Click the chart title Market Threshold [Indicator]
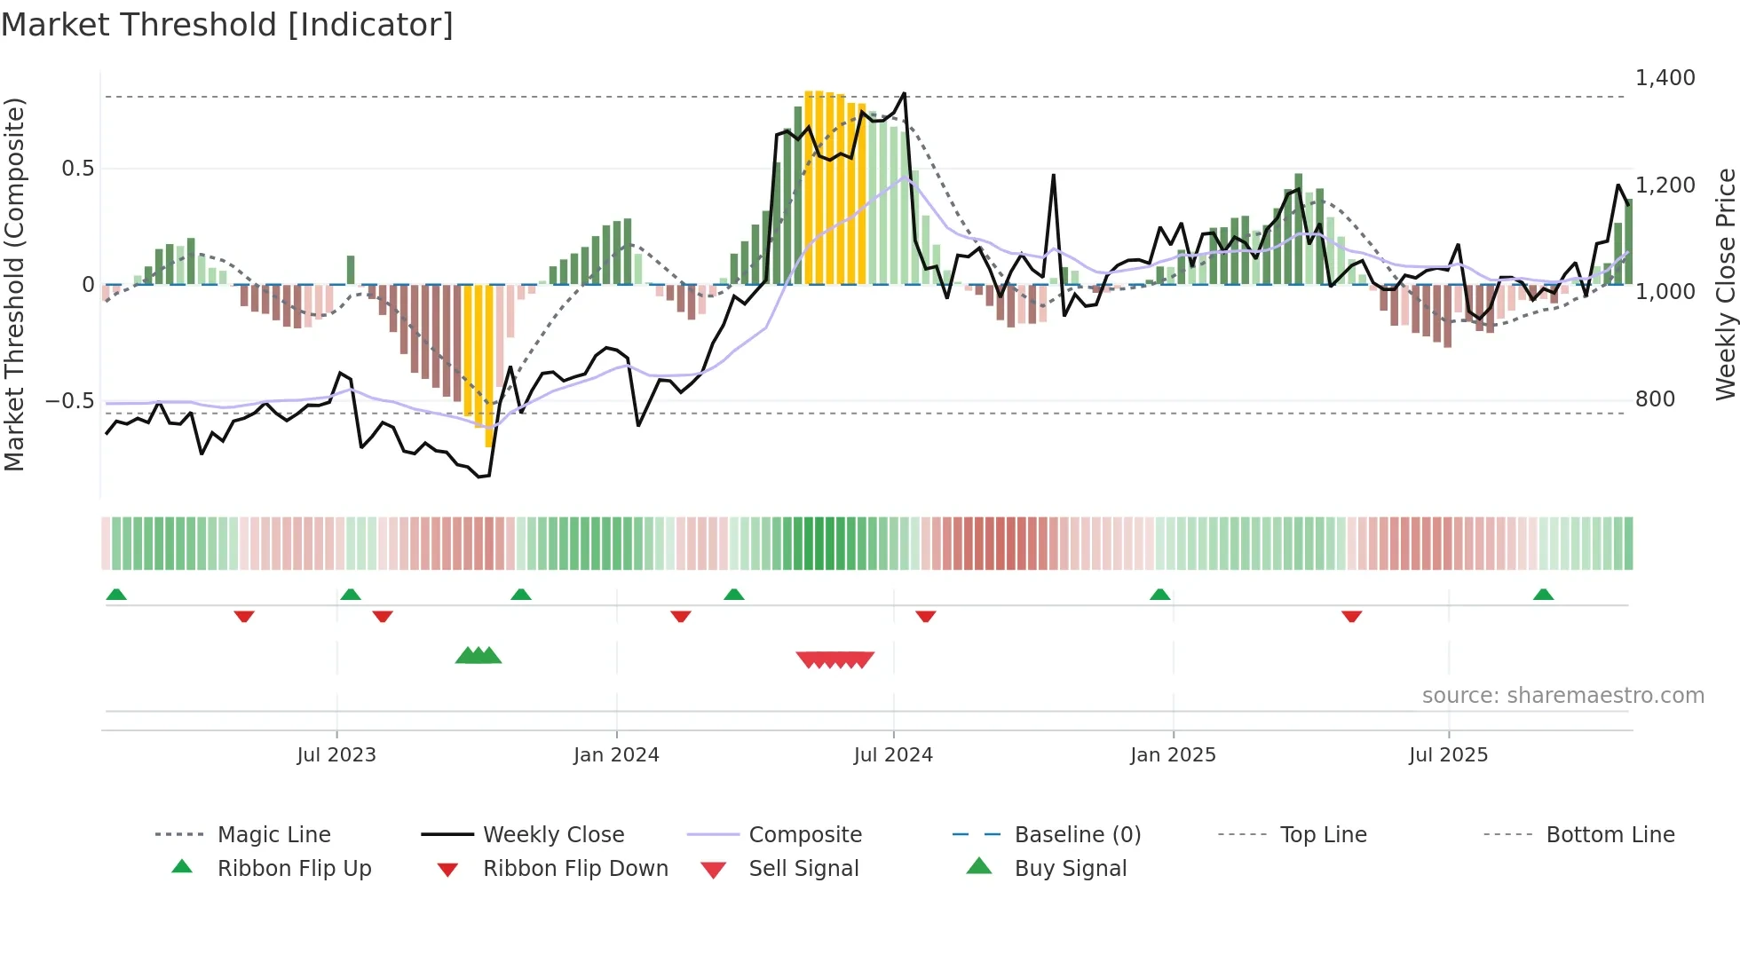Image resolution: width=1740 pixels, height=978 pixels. (227, 25)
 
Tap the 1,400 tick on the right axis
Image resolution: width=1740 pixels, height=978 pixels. (1665, 78)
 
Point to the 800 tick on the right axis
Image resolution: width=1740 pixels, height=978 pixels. (1655, 399)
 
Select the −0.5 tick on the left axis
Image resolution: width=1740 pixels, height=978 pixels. (69, 401)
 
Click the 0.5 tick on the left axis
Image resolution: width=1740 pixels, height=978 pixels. (77, 169)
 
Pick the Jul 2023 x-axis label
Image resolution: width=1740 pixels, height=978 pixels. (336, 755)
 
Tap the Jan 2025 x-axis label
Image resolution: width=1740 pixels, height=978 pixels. (1173, 755)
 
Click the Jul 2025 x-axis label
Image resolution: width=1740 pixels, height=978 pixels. (1448, 755)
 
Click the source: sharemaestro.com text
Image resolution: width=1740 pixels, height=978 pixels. (1562, 696)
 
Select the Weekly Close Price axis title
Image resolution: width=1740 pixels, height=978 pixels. (1725, 284)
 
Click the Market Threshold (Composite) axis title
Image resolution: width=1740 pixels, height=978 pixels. (14, 284)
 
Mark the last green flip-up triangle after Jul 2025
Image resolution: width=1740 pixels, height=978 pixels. (1543, 595)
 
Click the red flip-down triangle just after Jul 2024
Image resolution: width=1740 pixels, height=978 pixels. (925, 616)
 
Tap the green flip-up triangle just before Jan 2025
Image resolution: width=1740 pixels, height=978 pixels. (1159, 595)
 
